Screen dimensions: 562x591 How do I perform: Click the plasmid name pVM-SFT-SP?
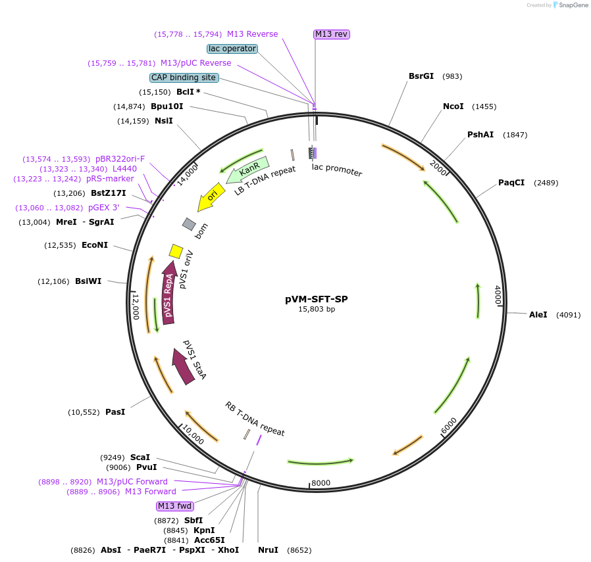click(x=316, y=299)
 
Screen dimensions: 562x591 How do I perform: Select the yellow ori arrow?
click(x=211, y=197)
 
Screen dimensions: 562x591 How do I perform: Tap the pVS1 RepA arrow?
click(x=170, y=295)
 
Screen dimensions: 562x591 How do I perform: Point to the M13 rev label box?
click(x=331, y=34)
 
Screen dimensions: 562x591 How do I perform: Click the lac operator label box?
click(x=232, y=49)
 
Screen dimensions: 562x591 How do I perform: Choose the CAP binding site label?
click(x=184, y=78)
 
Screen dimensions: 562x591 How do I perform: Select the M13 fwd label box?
click(x=174, y=506)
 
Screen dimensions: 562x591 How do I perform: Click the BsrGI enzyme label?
click(x=421, y=76)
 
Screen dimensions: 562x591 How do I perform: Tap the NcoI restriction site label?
click(x=453, y=106)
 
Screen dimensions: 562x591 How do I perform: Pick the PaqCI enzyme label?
click(x=511, y=183)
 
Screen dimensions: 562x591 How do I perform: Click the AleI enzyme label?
click(x=538, y=315)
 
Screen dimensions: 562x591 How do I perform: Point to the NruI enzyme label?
click(x=268, y=550)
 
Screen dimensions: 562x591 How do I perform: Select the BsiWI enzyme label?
click(x=88, y=281)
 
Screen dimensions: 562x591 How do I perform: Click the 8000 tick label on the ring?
click(x=321, y=483)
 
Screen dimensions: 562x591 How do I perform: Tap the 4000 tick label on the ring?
click(x=498, y=294)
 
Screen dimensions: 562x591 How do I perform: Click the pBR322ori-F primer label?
click(x=120, y=159)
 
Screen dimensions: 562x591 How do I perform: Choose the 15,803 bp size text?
click(x=317, y=309)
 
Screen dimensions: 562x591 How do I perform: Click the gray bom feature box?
click(x=189, y=224)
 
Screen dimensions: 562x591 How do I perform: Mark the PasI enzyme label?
click(x=115, y=412)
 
